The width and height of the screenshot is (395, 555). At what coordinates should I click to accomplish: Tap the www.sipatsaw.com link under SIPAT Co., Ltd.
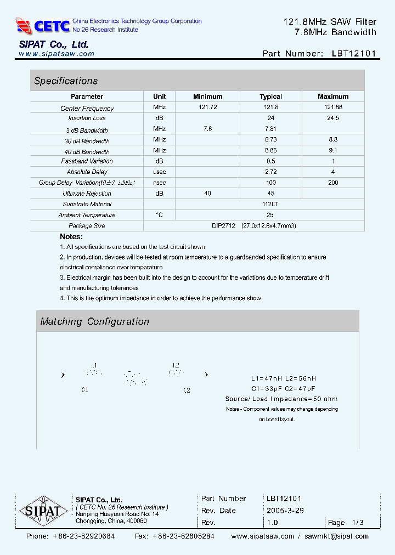(57, 54)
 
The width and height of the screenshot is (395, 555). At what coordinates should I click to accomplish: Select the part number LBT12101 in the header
(354, 54)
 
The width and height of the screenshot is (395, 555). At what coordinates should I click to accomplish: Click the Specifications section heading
(66, 81)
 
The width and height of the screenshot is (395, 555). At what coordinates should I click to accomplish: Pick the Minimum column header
(207, 97)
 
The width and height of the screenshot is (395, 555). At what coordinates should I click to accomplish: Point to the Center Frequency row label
(87, 109)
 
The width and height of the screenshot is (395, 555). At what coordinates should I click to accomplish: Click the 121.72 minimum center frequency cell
(207, 107)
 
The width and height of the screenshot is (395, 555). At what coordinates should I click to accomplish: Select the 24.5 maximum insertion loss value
(333, 118)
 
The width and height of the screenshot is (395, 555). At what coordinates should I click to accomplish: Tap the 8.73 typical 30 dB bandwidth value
(270, 140)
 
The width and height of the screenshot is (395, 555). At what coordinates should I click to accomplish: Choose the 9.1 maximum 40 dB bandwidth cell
(333, 150)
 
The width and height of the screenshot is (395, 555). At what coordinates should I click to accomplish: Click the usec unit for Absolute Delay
(159, 172)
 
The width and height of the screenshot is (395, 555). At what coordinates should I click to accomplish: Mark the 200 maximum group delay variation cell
(333, 183)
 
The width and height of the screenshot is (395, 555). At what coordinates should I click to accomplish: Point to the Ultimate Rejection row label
(87, 194)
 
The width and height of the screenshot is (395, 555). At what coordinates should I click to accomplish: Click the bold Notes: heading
(71, 236)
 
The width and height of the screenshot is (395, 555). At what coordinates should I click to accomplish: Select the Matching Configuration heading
(95, 321)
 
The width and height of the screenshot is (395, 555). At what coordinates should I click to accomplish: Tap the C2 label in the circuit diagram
(187, 390)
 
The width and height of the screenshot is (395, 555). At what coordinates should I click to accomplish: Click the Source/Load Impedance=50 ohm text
(281, 399)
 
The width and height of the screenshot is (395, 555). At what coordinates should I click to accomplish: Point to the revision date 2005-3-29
(285, 510)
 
